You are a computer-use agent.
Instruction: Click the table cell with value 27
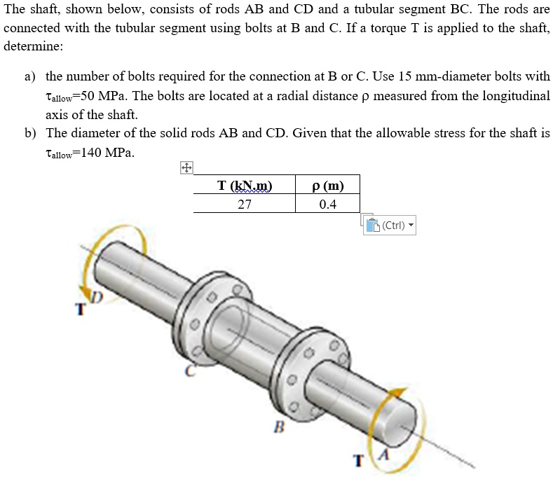click(x=244, y=204)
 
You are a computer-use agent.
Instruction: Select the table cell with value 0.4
click(x=327, y=204)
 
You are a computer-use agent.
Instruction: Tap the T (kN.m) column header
click(x=244, y=186)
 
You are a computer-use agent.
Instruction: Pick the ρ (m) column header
click(x=327, y=186)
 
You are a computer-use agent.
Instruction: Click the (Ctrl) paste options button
click(x=390, y=226)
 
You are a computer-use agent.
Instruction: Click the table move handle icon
click(x=186, y=168)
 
